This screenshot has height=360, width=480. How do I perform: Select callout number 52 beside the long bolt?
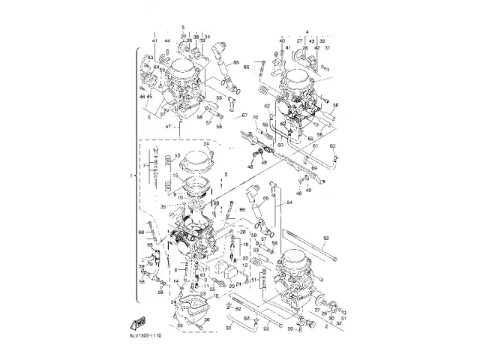(x=325, y=238)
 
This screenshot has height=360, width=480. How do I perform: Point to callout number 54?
(x=288, y=203)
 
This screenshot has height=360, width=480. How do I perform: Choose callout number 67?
(x=244, y=115)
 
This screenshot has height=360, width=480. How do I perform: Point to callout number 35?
(x=162, y=205)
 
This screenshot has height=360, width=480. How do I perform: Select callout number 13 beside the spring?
(x=178, y=155)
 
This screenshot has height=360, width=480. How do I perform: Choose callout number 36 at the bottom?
(x=207, y=320)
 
